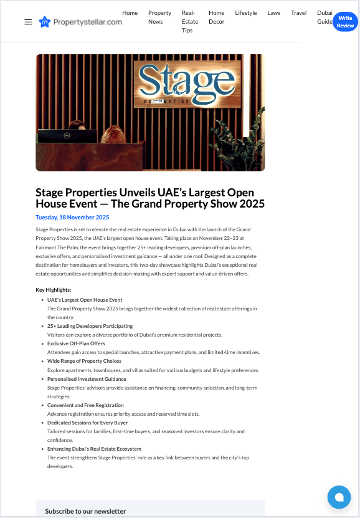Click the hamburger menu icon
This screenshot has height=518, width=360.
click(28, 22)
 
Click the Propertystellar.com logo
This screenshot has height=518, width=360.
click(80, 22)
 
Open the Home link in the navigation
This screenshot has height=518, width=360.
click(130, 13)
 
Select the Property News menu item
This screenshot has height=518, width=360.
click(159, 17)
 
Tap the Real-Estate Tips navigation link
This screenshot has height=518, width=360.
click(189, 21)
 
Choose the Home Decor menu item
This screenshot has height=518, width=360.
click(216, 17)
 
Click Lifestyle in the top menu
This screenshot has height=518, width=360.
click(246, 13)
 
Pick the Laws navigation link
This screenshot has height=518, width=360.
click(274, 13)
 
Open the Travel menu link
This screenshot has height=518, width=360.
click(298, 13)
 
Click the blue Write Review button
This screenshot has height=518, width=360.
click(345, 22)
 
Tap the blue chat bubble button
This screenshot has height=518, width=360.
click(339, 497)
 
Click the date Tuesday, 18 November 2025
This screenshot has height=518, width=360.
click(72, 218)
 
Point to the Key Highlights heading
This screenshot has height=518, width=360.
click(54, 290)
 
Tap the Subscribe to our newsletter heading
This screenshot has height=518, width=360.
click(85, 511)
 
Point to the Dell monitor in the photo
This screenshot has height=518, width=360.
click(67, 136)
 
